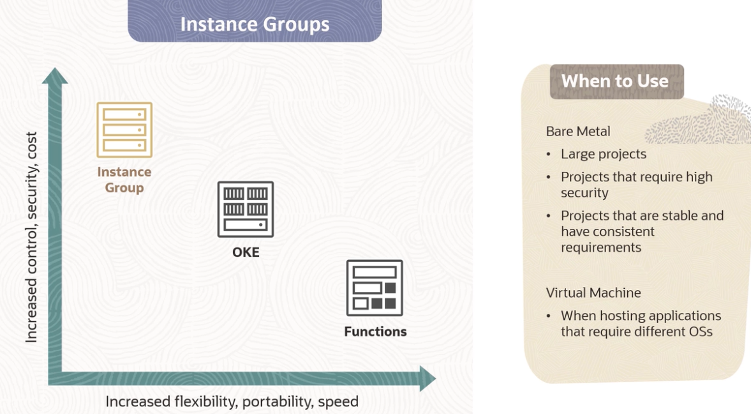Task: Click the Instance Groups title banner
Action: pos(255,24)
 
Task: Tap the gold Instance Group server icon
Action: pos(124,130)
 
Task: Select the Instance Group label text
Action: pos(124,180)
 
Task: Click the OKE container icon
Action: pos(246,209)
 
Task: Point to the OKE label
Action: pos(246,252)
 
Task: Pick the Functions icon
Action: pos(375,287)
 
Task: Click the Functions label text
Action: pos(375,332)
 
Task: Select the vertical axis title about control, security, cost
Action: pos(32,237)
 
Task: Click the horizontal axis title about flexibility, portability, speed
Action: pos(232,402)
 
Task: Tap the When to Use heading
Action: pos(615,81)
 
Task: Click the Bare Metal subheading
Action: pos(578,131)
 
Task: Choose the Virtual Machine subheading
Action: pos(593,293)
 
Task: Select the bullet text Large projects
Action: pos(604,154)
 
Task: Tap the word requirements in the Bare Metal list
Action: pos(601,247)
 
